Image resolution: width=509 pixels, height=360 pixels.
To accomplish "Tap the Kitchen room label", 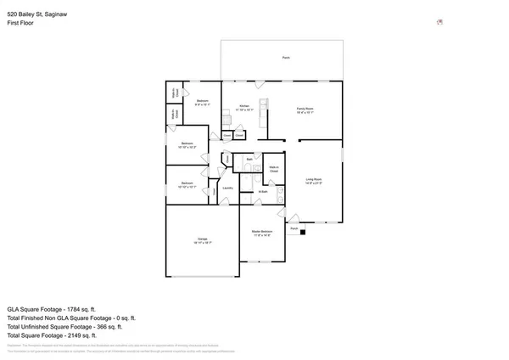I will pyautogui.click(x=243, y=108).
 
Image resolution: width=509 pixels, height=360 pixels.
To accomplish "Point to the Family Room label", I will pyautogui.click(x=305, y=110).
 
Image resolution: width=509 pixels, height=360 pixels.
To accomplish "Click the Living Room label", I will pyautogui.click(x=313, y=181).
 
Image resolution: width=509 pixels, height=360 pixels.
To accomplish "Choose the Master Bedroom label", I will pyautogui.click(x=261, y=233).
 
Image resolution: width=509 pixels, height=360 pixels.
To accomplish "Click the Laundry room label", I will pyautogui.click(x=227, y=188).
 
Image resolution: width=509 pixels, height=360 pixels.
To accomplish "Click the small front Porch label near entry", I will pyautogui.click(x=294, y=228).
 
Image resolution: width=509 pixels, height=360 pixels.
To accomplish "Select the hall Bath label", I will pyautogui.click(x=249, y=159).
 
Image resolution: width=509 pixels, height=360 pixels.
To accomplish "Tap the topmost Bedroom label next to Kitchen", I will pyautogui.click(x=202, y=103).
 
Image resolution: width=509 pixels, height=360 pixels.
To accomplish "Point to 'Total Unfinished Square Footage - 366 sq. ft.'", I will pyautogui.click(x=64, y=326).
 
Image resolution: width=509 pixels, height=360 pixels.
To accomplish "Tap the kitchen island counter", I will pyautogui.click(x=264, y=110).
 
